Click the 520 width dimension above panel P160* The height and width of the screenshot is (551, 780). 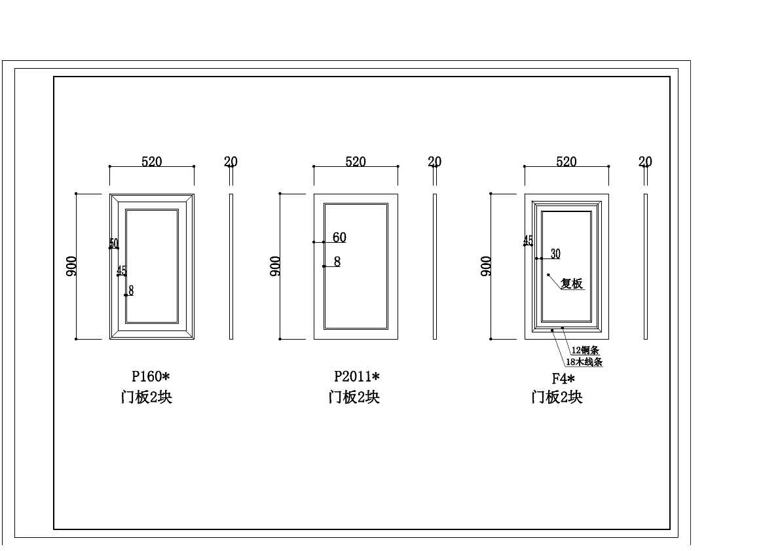[151, 162]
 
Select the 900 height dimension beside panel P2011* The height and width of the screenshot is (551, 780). [276, 266]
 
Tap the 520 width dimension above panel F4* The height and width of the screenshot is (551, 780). [566, 162]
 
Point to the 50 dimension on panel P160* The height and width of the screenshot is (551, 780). [114, 243]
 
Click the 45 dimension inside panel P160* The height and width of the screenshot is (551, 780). [122, 270]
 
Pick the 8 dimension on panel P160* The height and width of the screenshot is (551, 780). [131, 291]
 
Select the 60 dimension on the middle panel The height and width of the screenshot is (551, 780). [339, 238]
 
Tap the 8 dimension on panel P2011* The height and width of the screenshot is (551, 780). [337, 262]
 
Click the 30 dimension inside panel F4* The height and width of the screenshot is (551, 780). [555, 254]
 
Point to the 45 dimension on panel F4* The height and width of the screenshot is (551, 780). [528, 240]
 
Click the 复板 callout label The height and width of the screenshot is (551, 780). [572, 284]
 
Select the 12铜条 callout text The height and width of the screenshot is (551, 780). [585, 351]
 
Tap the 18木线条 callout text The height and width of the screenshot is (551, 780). [584, 362]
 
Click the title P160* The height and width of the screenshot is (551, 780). [151, 376]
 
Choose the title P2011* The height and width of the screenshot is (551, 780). [356, 376]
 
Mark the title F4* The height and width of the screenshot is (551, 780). [563, 378]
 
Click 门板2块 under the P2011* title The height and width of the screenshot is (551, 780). [354, 397]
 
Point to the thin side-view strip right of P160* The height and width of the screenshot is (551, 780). [231, 266]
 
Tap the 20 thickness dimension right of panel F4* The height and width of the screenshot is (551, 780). [645, 162]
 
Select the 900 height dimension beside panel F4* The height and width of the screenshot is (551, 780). [486, 266]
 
